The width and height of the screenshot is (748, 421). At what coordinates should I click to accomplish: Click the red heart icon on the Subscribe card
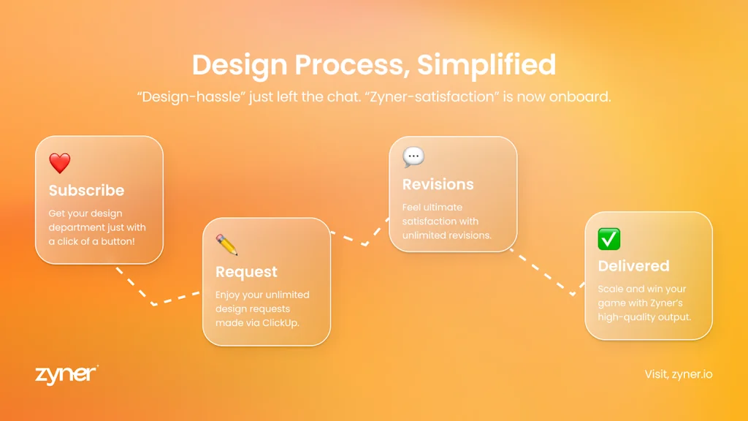point(60,163)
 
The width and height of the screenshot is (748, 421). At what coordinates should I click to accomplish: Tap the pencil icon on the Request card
point(226,245)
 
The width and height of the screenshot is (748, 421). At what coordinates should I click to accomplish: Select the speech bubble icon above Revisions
point(413,157)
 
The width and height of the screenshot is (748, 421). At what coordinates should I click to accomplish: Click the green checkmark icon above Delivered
point(608,239)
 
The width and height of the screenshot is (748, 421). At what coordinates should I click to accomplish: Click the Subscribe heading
point(86,191)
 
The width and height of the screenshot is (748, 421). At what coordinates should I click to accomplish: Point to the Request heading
point(246,272)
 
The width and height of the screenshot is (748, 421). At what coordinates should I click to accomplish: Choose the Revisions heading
point(438,184)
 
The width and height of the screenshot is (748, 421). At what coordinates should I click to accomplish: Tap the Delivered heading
point(633,266)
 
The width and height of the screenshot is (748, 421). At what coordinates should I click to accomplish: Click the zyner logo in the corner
point(66,373)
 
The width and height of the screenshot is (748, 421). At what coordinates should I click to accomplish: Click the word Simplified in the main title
point(486,65)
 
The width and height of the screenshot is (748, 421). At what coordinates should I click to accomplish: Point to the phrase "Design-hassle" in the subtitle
point(191,97)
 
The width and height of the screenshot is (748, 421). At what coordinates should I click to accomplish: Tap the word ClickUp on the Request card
point(281,322)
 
